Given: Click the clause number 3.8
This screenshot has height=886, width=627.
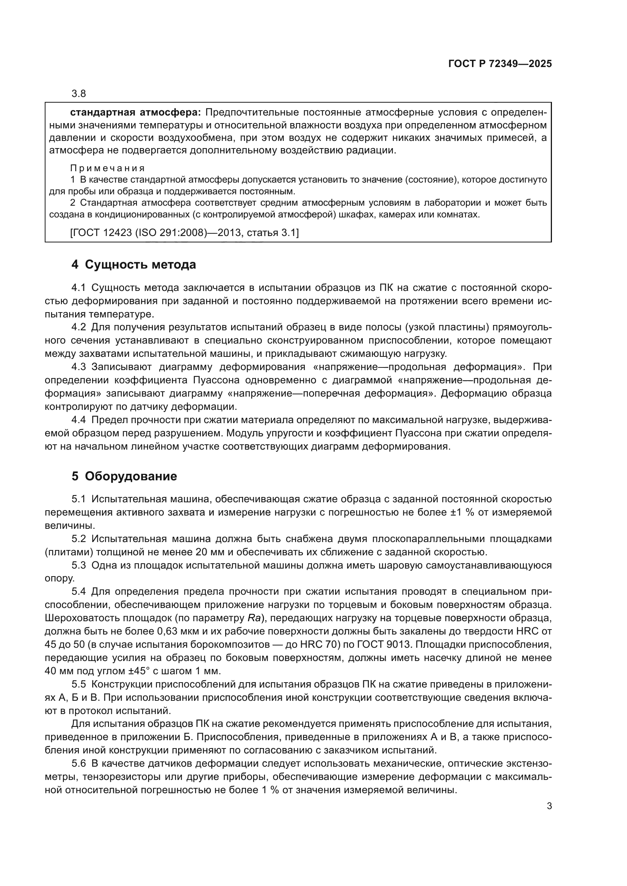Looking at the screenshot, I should [79, 94].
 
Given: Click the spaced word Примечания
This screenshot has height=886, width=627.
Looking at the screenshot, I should [107, 168].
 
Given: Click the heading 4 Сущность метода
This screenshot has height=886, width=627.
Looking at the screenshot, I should [133, 264].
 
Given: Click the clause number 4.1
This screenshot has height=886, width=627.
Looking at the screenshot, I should [79, 288].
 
